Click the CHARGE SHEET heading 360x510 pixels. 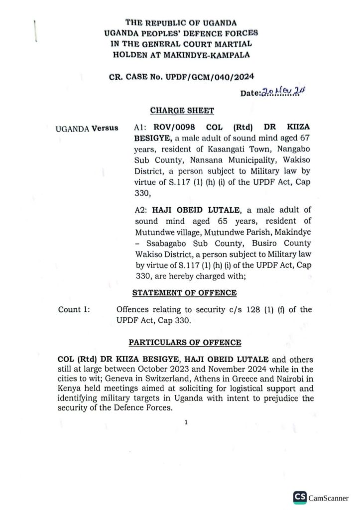click(x=182, y=111)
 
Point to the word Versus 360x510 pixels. click(x=105, y=128)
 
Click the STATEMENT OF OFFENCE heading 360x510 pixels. click(x=184, y=293)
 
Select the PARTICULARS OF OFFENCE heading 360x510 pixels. click(x=185, y=343)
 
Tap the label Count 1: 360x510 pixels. click(x=74, y=310)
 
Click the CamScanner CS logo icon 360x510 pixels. click(x=300, y=497)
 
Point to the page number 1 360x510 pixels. click(x=186, y=423)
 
